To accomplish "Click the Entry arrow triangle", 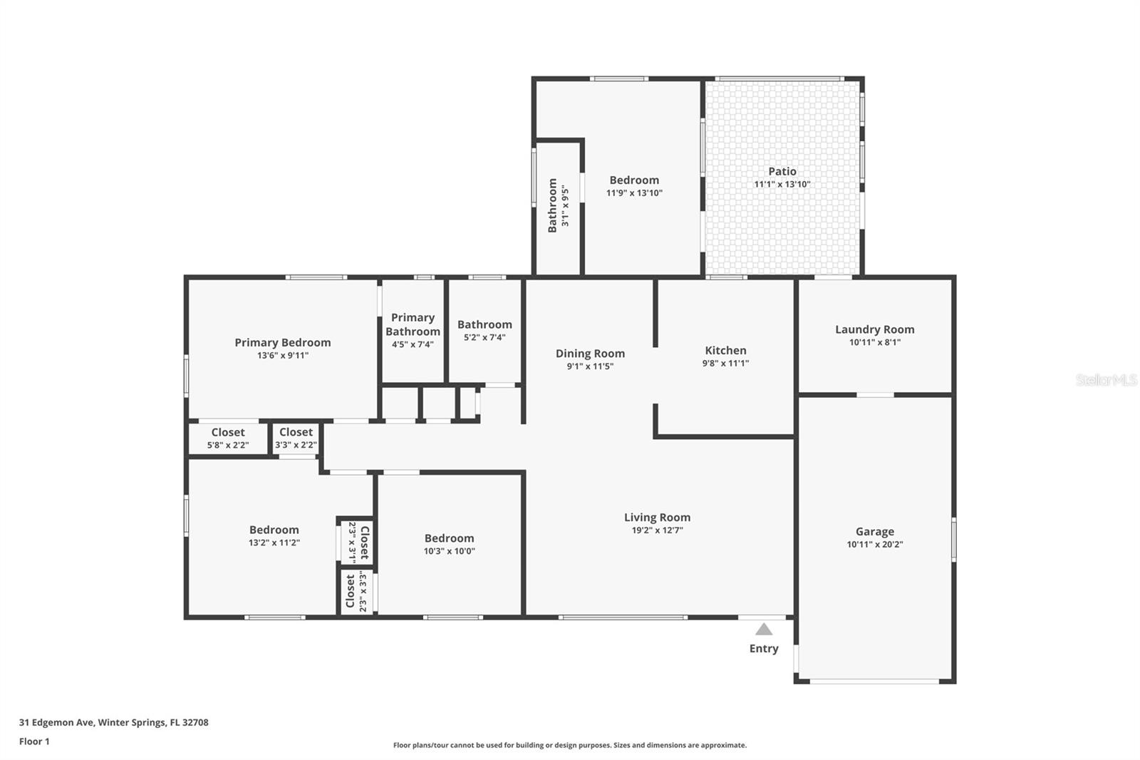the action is [763, 630].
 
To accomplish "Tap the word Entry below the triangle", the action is [763, 649].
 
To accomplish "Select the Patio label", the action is [782, 172].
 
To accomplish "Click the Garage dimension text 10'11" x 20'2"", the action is [875, 545].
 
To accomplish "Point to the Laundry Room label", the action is [875, 329].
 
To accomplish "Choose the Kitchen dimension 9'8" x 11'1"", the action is [726, 363].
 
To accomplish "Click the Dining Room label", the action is [591, 354].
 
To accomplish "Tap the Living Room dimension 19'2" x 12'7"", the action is [658, 530].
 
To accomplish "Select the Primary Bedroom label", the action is [282, 343].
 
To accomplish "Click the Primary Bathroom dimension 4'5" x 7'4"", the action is [413, 345].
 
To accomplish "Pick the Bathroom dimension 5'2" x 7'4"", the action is [484, 338].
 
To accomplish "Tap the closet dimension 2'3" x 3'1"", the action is [352, 543].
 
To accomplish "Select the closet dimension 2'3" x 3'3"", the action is [363, 592].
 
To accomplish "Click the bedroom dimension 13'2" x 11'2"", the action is [274, 543].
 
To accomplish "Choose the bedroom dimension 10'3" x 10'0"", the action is [450, 551].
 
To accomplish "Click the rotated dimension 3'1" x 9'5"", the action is [565, 206].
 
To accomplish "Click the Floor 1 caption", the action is [35, 741].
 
